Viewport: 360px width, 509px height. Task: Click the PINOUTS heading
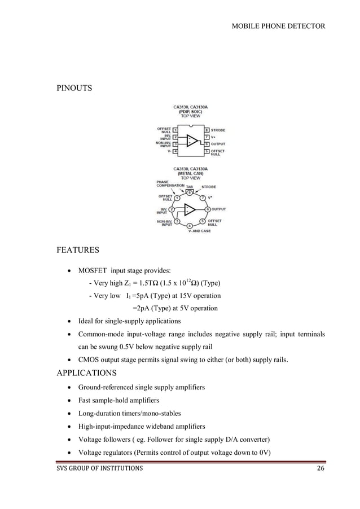(74, 89)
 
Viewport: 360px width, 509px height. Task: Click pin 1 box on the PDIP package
(175, 130)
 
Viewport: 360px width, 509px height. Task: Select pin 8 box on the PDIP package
(207, 130)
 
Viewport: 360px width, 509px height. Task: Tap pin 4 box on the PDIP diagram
(175, 151)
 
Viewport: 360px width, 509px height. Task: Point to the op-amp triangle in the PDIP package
(192, 141)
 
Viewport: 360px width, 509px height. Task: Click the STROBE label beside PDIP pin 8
(218, 130)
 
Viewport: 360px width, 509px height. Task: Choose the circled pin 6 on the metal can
(208, 209)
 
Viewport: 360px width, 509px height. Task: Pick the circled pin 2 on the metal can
(172, 209)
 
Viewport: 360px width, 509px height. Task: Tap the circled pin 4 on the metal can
(190, 226)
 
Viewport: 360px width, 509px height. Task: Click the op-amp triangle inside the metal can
(190, 209)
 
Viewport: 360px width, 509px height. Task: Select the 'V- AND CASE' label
(199, 231)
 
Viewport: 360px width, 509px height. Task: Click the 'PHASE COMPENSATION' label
(170, 183)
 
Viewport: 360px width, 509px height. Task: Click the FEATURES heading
(78, 250)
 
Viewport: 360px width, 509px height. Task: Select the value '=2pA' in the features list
(142, 308)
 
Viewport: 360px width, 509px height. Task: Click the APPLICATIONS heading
(87, 373)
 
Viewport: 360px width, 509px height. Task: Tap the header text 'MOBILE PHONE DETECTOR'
(278, 26)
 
